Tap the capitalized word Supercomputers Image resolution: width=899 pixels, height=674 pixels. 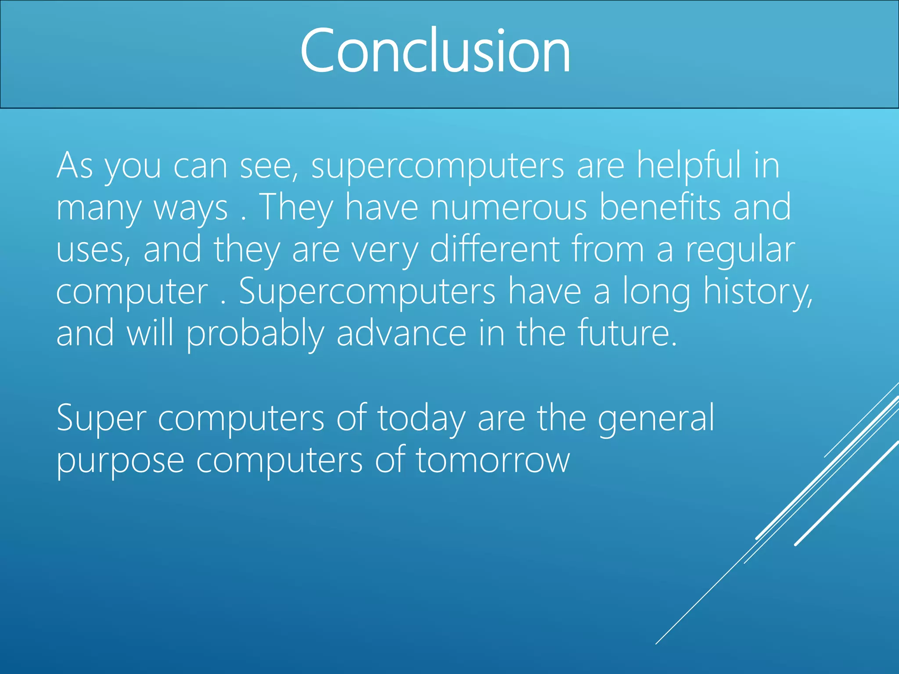(367, 292)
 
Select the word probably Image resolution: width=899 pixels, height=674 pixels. (255, 333)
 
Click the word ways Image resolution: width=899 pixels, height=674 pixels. (191, 208)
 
